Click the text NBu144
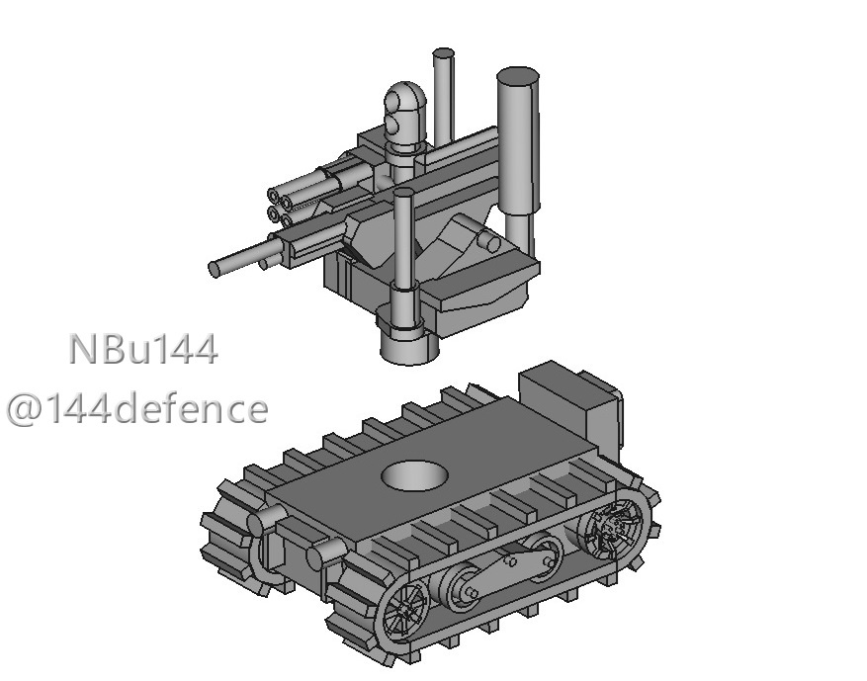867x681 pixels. click(x=143, y=349)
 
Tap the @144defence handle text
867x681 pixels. click(x=137, y=409)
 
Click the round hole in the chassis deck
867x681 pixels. click(x=414, y=475)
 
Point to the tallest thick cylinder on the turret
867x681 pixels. click(x=518, y=141)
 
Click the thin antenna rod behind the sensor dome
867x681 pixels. click(x=444, y=96)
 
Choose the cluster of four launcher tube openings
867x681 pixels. click(x=281, y=209)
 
